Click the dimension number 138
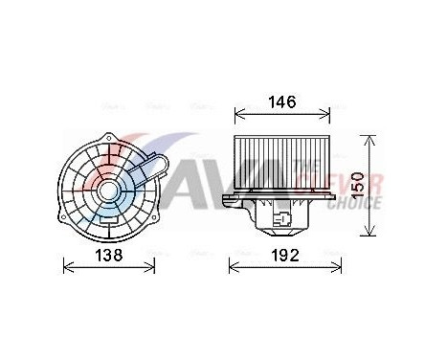click(x=107, y=255)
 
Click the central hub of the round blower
click(x=108, y=190)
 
